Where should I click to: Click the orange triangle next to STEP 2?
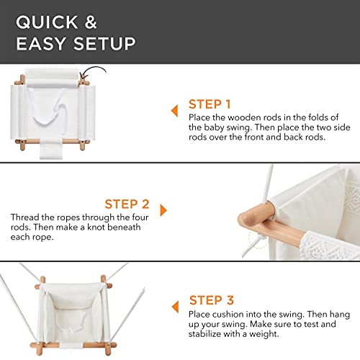[x=163, y=210]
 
